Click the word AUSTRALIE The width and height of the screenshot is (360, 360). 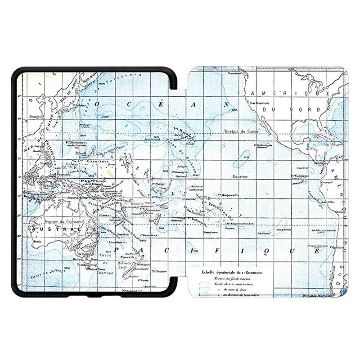[63, 229]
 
